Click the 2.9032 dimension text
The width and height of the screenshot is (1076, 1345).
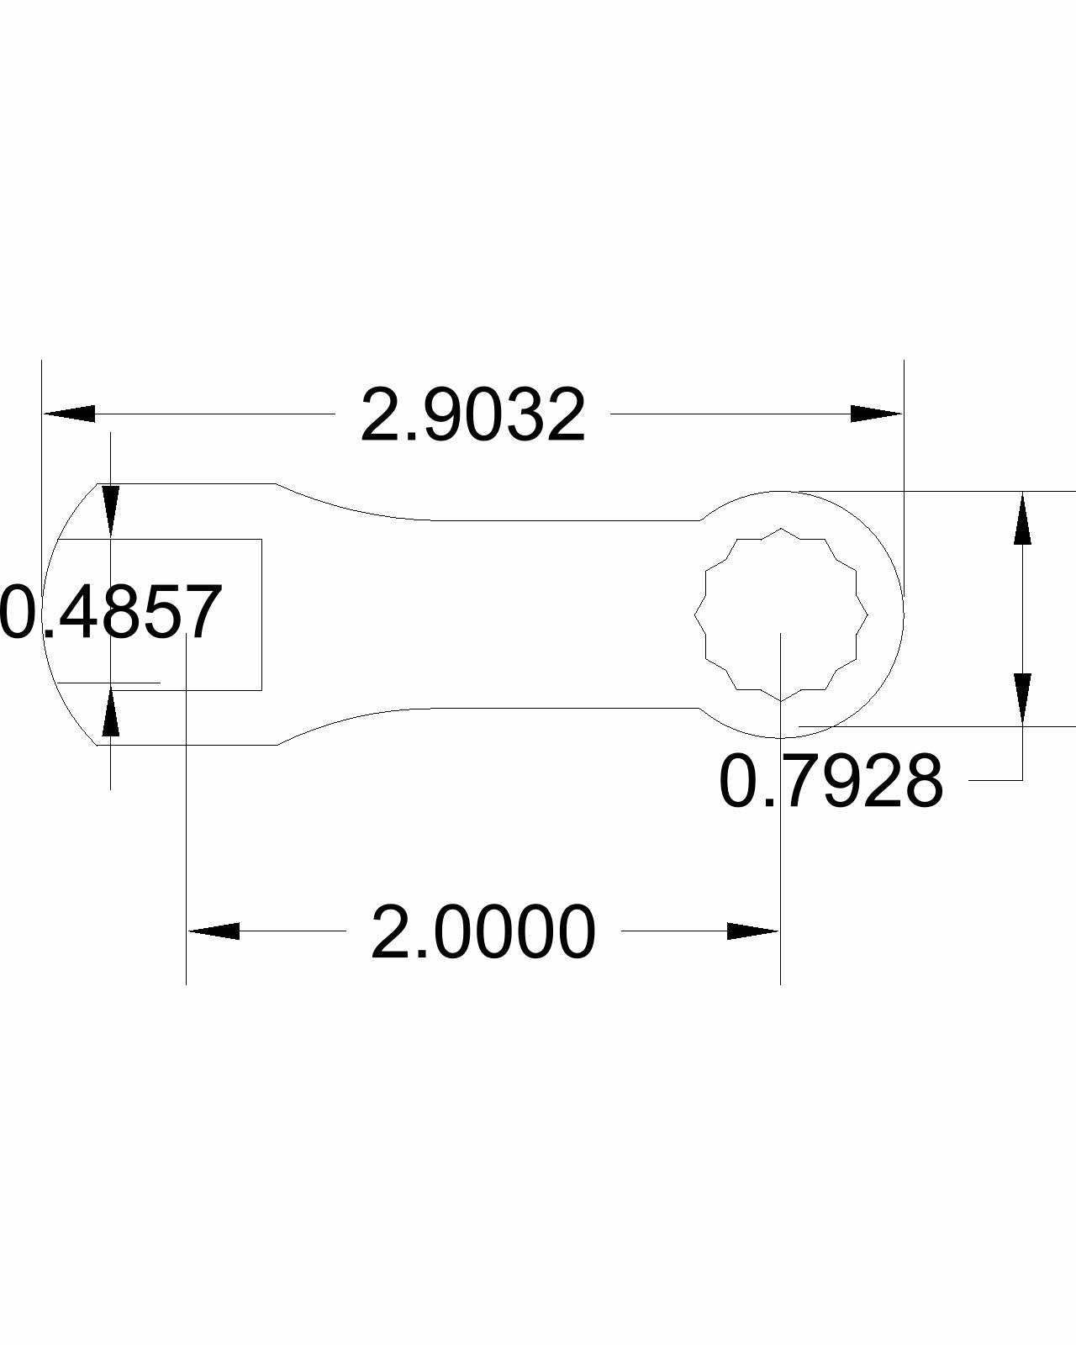coord(472,415)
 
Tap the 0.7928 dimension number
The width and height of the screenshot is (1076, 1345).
coord(831,783)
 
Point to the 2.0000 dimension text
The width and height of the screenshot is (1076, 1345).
coord(483,932)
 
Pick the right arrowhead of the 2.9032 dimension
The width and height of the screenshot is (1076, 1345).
coord(876,414)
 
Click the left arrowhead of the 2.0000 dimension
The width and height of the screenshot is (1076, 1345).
coord(213,931)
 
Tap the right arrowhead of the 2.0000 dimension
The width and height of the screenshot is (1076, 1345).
coord(753,931)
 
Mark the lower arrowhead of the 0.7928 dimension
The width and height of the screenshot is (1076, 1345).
coord(1022,698)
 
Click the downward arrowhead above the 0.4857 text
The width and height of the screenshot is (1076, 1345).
coord(110,512)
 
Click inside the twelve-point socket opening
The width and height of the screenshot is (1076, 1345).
coord(781,614)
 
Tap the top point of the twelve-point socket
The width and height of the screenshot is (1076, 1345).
coord(781,529)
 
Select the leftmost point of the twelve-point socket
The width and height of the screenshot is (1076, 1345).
coord(695,614)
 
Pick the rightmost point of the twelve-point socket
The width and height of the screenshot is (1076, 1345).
coord(868,614)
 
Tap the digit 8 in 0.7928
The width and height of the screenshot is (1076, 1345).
coord(923,783)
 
